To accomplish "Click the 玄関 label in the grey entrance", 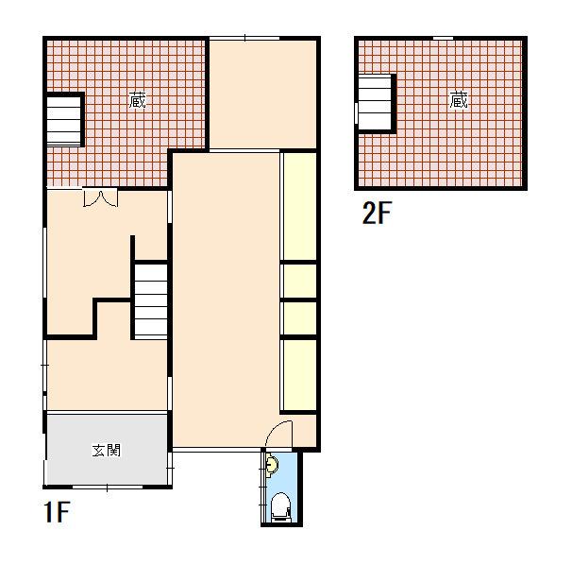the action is (x=106, y=451).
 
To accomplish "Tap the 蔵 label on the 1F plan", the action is (x=137, y=100).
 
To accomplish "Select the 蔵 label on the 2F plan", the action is (x=459, y=100).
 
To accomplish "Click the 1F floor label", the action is (x=57, y=512).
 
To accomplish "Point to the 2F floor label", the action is (x=377, y=213).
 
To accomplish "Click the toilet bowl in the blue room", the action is (x=281, y=506).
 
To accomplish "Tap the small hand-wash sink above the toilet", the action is (x=272, y=465).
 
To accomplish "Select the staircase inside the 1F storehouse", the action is (x=64, y=121).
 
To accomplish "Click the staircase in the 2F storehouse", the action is (x=376, y=103).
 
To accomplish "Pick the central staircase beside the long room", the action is (x=151, y=300).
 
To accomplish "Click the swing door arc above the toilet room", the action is (x=278, y=433).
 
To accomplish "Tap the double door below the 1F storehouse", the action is (x=100, y=197).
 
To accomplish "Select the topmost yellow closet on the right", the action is (x=300, y=207).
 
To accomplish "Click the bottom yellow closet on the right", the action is (x=300, y=375).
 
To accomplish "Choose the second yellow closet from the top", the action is (x=300, y=282).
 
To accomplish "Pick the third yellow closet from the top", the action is (x=300, y=318).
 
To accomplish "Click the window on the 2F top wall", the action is (x=444, y=38).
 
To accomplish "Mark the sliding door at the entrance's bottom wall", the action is (x=108, y=488).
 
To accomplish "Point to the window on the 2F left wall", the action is (x=357, y=113).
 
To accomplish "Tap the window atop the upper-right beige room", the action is (x=244, y=38).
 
